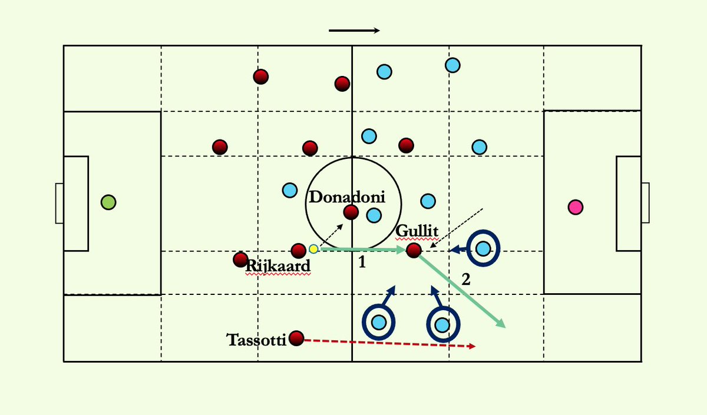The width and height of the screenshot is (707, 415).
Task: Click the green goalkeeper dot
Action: [x=108, y=202]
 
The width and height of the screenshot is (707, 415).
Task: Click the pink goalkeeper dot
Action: [x=576, y=207]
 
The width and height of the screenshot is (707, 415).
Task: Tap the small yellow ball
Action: [x=313, y=249]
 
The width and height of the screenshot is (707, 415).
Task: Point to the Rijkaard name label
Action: [x=277, y=266]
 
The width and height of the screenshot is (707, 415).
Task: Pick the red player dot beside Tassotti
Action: [x=296, y=338]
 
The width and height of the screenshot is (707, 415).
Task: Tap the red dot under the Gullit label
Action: [x=414, y=250]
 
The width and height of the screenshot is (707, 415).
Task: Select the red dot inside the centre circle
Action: [x=351, y=212]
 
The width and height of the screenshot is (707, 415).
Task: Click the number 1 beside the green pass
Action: [x=362, y=263]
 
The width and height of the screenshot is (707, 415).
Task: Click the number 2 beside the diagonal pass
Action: [x=466, y=280]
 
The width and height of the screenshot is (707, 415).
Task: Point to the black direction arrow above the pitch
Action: [x=354, y=31]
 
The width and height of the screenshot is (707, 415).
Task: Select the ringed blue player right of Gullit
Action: [x=483, y=249]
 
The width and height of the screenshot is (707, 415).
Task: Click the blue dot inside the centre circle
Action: [x=374, y=215]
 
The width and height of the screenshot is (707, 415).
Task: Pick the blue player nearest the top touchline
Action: [x=452, y=65]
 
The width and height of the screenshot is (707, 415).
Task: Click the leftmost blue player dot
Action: [x=290, y=190]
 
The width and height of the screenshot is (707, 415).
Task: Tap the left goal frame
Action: [x=59, y=203]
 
